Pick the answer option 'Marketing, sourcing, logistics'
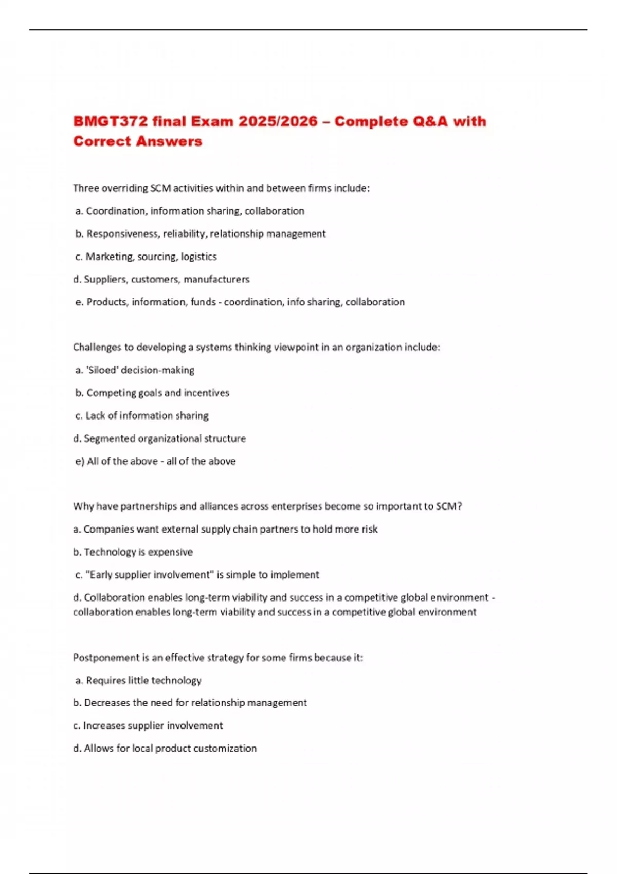151,257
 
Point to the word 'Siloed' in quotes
102,370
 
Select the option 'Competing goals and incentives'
157,393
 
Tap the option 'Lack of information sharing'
147,415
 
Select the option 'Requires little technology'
143,681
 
